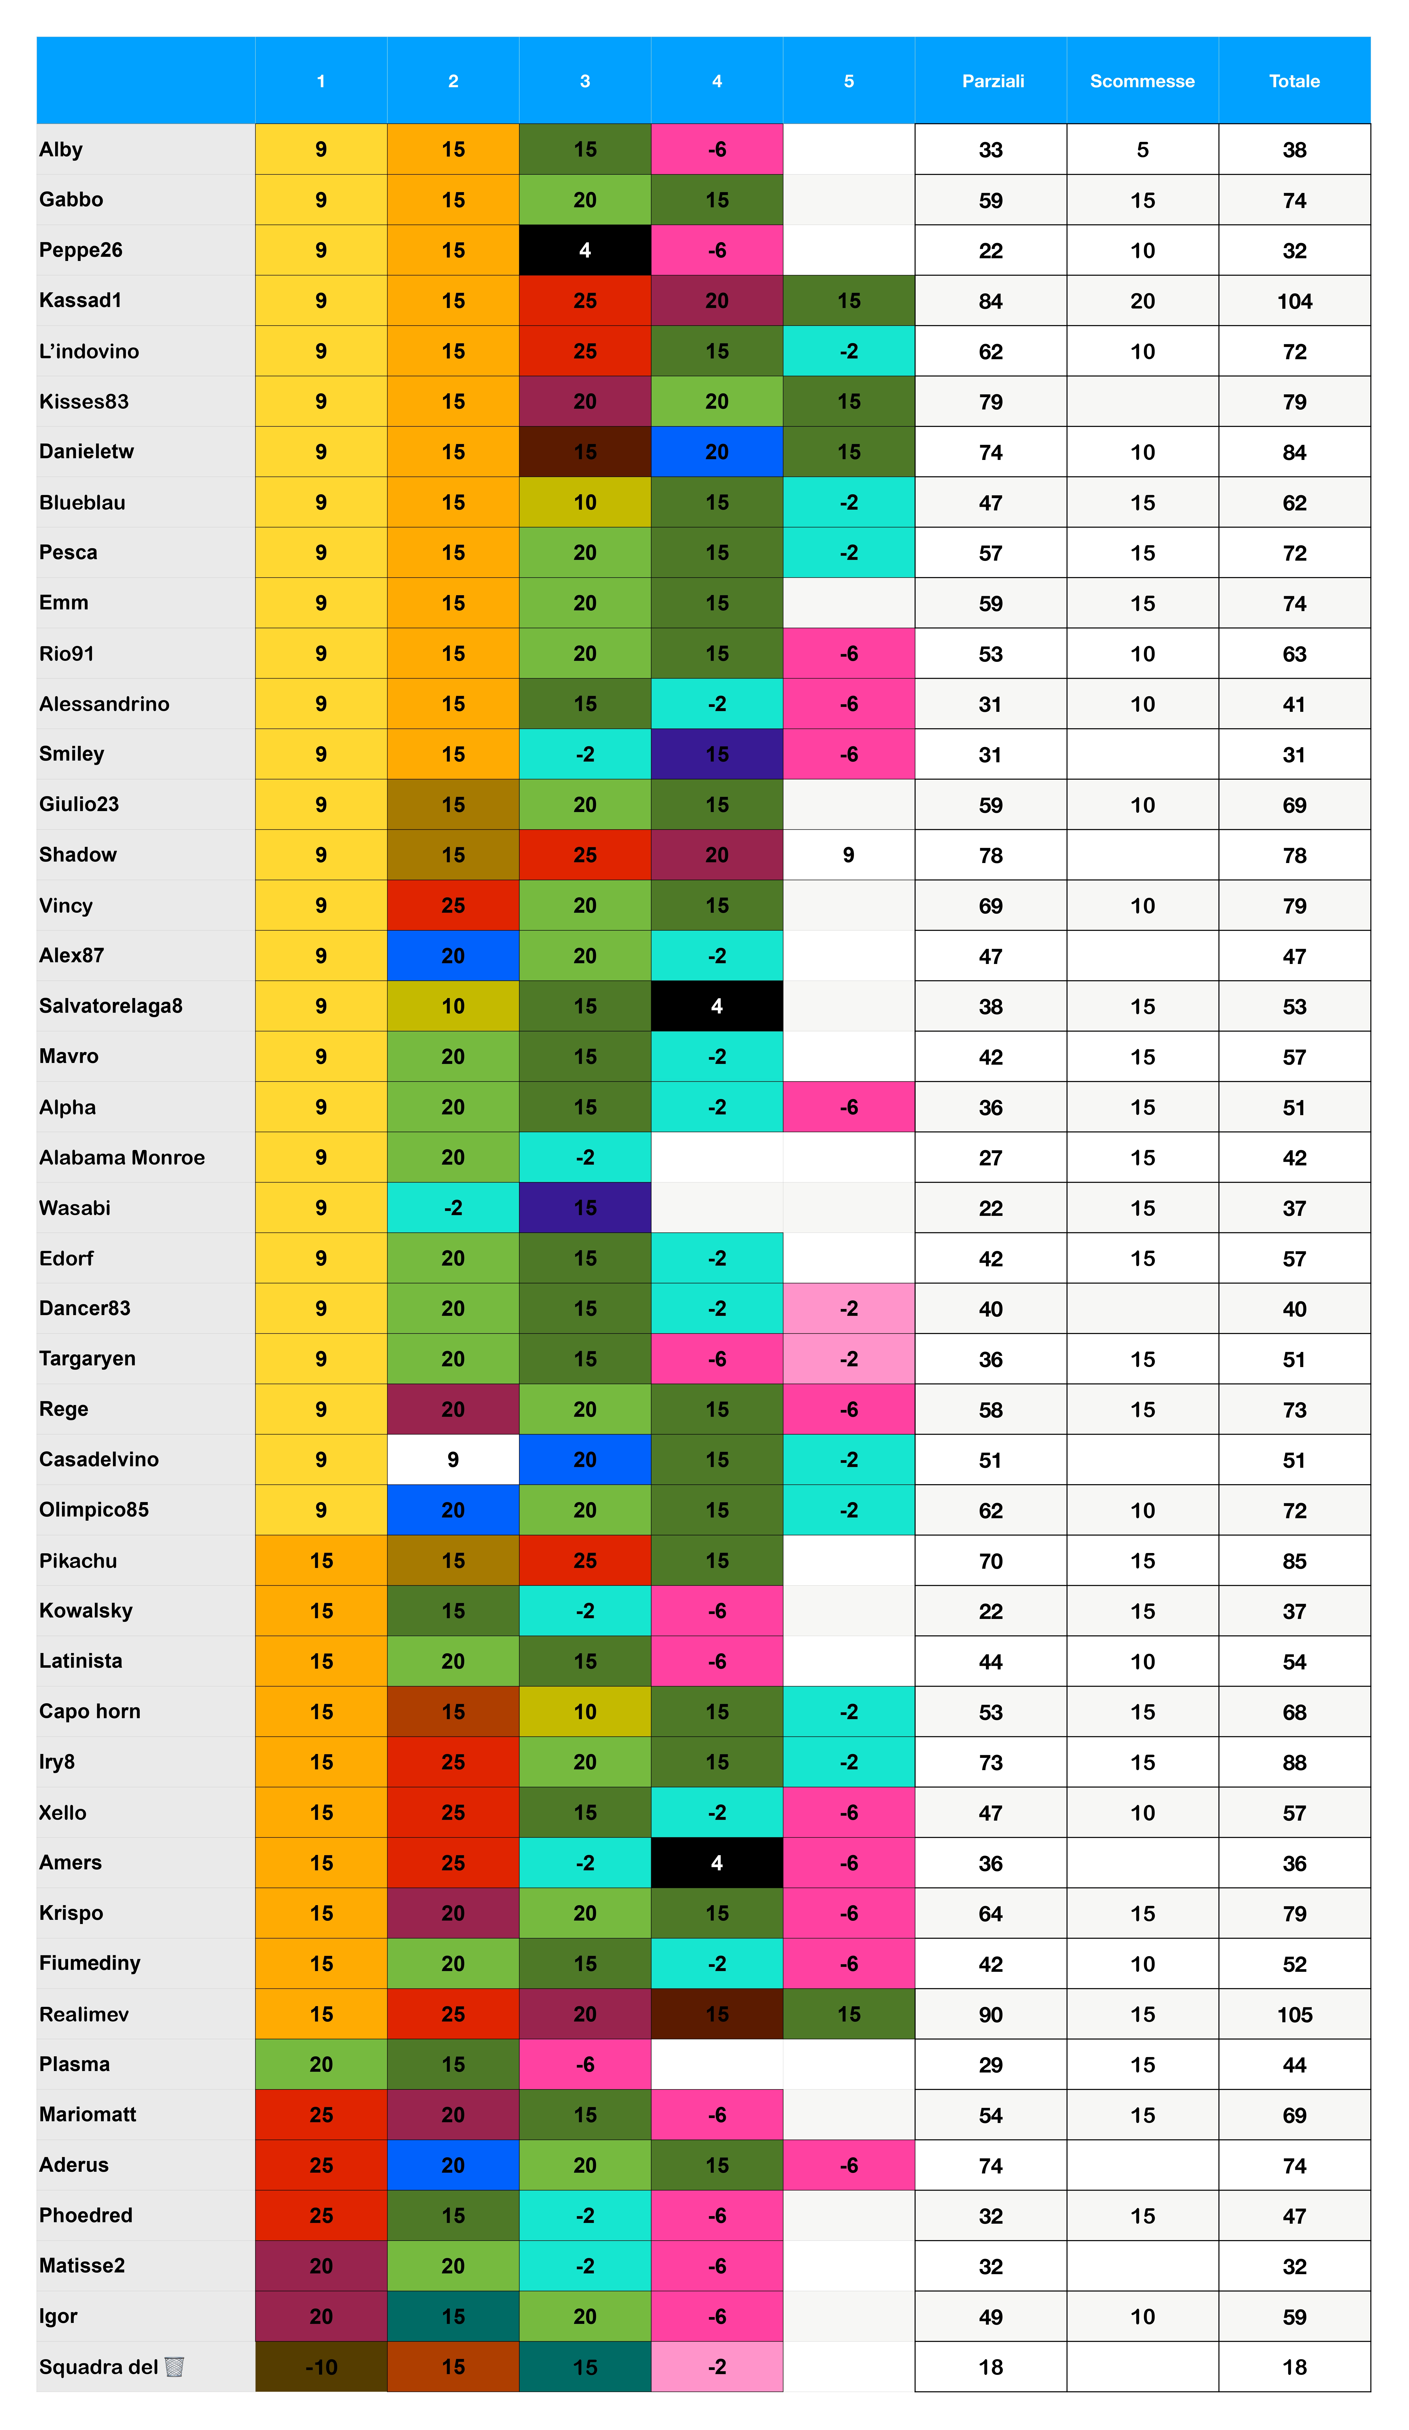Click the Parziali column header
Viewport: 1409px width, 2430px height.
(992, 81)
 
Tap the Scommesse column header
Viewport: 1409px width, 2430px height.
(1142, 81)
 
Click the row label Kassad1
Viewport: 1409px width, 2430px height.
(81, 300)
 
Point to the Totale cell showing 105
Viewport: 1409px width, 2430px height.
(1294, 2014)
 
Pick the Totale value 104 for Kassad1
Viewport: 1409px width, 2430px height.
(1294, 301)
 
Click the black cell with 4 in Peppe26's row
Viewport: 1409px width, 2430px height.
(584, 250)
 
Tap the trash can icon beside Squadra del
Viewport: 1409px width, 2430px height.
(174, 2366)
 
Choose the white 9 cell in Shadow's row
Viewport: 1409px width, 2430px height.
(848, 854)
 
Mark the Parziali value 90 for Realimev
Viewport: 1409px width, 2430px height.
(990, 2014)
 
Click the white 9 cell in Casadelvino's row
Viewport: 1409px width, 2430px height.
(452, 1459)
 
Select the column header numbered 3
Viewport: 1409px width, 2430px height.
(584, 81)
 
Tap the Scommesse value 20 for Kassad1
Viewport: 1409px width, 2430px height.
(1142, 301)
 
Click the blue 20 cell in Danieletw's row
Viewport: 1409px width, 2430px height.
(717, 451)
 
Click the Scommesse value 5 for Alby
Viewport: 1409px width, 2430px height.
(1142, 149)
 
